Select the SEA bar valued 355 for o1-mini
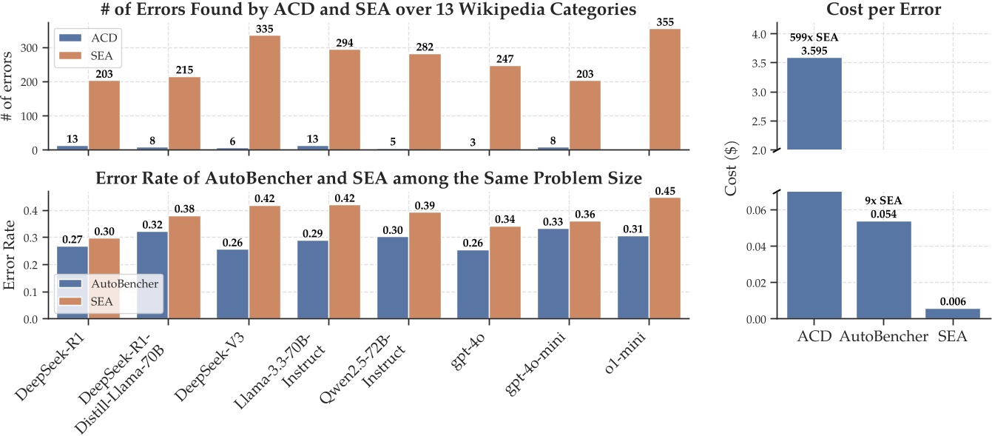[x=664, y=89]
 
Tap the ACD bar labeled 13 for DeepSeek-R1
[x=72, y=147]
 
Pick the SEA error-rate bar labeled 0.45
[x=664, y=258]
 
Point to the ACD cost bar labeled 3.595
[x=814, y=104]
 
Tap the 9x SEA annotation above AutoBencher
[x=883, y=201]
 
